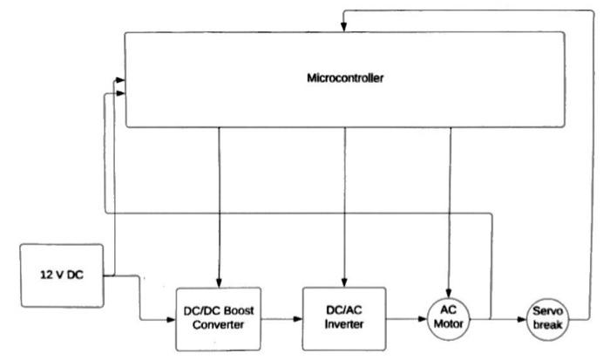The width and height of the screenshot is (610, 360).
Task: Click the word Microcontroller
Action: [x=345, y=78]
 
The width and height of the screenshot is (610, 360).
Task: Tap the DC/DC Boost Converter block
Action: [x=220, y=318]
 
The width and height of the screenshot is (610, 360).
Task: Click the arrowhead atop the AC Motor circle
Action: [x=450, y=291]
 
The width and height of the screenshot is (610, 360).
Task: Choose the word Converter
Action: [x=220, y=325]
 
